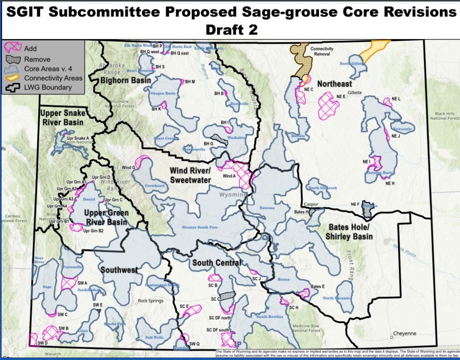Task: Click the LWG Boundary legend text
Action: (x=48, y=87)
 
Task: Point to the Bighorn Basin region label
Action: (x=126, y=80)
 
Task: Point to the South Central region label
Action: (x=216, y=263)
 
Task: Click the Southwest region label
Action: (x=119, y=270)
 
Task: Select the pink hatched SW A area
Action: (x=69, y=283)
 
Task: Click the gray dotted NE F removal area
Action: (x=369, y=209)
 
